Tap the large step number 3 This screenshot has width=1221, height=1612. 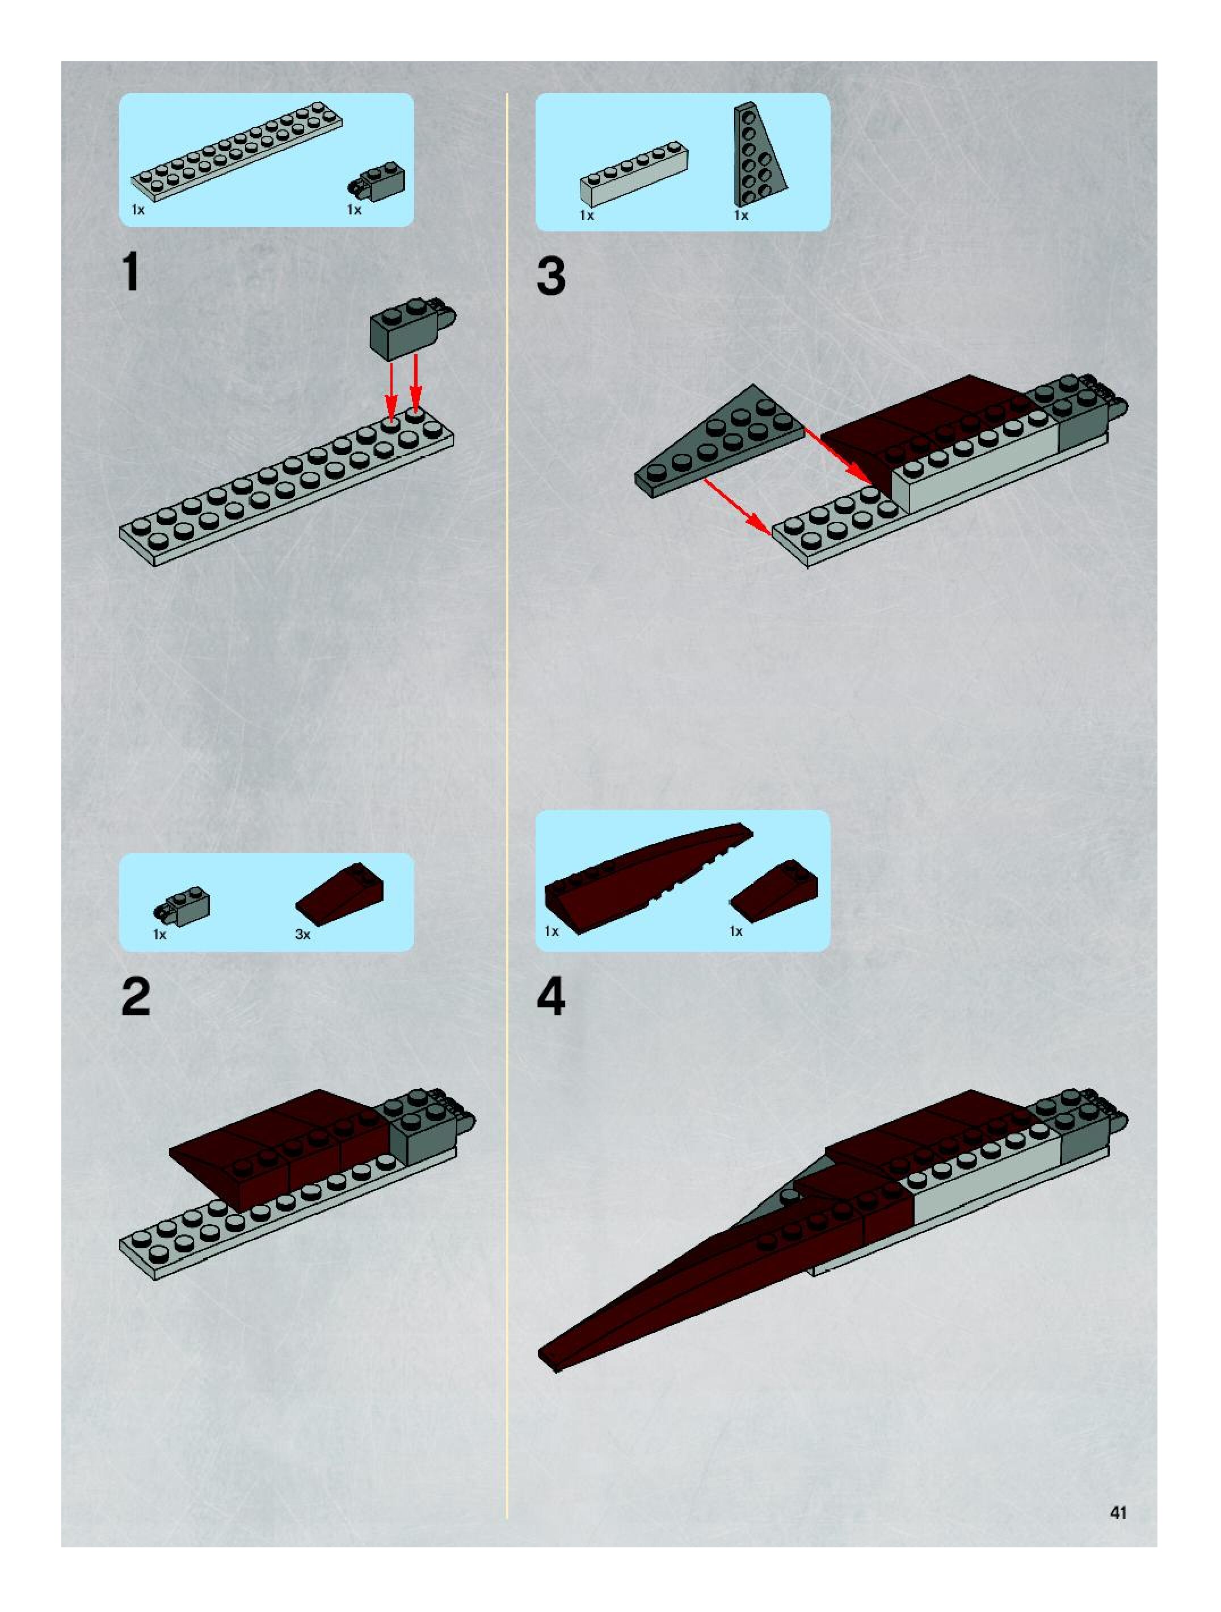(551, 276)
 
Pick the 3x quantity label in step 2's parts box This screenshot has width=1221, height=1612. (302, 934)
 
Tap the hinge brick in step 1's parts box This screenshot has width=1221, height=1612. (376, 181)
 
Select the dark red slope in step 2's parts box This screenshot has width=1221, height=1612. (340, 893)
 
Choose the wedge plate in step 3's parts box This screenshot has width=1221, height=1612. (758, 153)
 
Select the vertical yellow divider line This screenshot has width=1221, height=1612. (507, 805)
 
